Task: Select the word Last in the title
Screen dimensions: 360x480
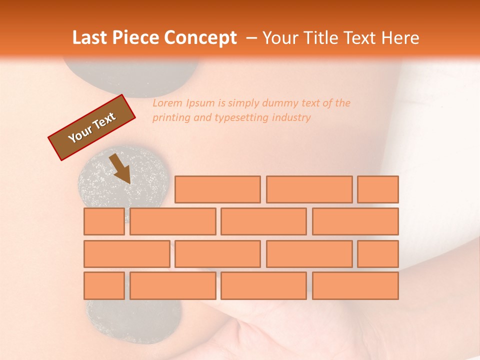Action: (90, 38)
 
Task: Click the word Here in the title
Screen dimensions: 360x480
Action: (400, 38)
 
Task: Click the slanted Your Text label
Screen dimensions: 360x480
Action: (92, 127)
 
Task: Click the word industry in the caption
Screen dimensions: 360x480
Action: (291, 118)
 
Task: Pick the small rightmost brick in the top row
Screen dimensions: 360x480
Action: (378, 189)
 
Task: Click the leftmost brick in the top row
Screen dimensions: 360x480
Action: (217, 189)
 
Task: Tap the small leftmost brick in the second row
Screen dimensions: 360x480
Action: (104, 221)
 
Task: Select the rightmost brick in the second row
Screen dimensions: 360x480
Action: (355, 221)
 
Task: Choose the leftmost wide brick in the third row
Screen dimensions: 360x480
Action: (127, 254)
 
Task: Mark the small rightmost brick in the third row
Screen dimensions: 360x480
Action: (378, 254)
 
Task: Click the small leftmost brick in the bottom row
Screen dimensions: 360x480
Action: (104, 286)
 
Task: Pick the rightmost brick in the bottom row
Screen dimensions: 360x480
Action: (355, 286)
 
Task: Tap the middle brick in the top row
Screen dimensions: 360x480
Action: (309, 189)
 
